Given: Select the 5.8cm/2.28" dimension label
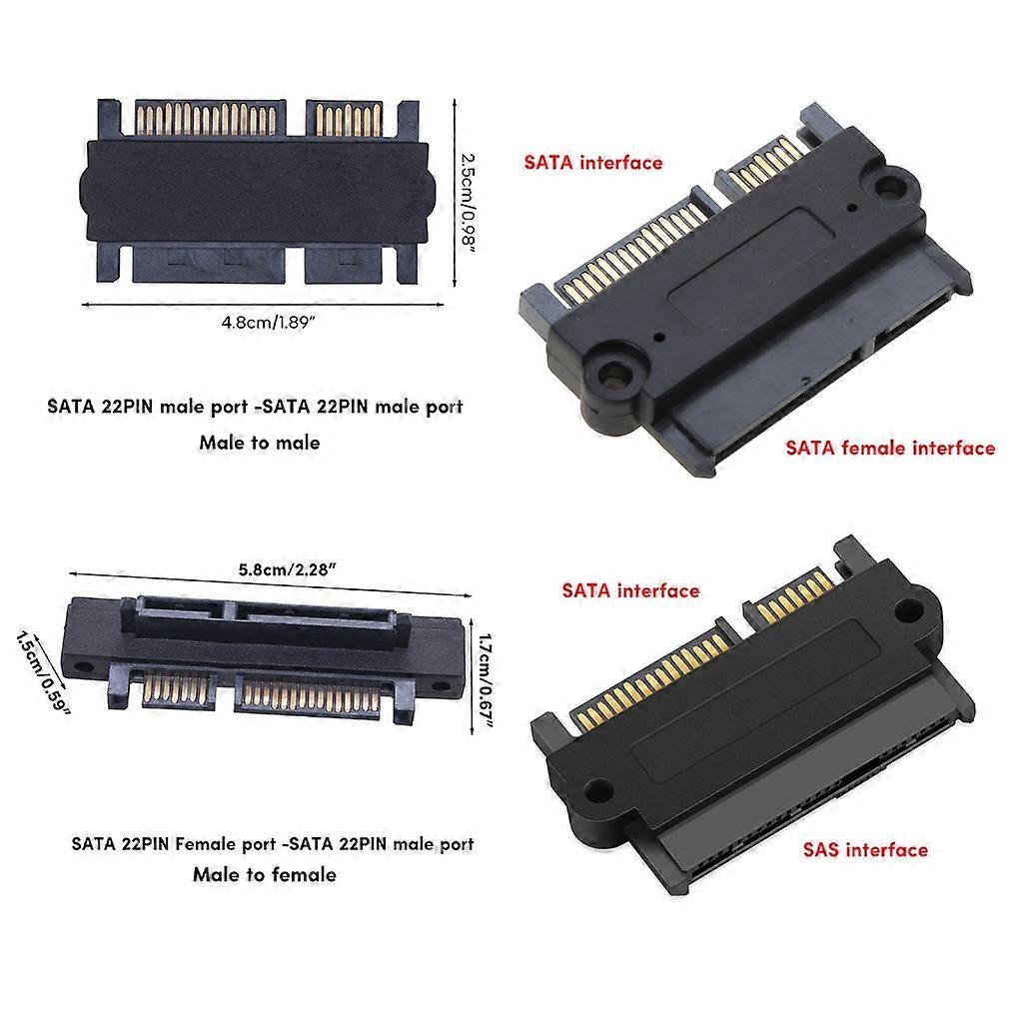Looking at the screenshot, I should tap(286, 569).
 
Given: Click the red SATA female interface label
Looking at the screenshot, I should tap(890, 448).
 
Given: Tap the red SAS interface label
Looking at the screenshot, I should tap(865, 850).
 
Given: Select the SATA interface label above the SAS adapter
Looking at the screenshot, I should tap(630, 590).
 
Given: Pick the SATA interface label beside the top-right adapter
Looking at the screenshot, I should tap(593, 162).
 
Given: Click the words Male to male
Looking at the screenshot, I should tap(260, 442).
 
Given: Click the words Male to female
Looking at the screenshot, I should tap(265, 874).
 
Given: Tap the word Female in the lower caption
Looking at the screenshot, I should tap(209, 843).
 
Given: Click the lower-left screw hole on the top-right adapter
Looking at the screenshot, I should tap(611, 373).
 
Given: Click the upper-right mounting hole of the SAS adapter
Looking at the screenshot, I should tap(907, 611).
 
